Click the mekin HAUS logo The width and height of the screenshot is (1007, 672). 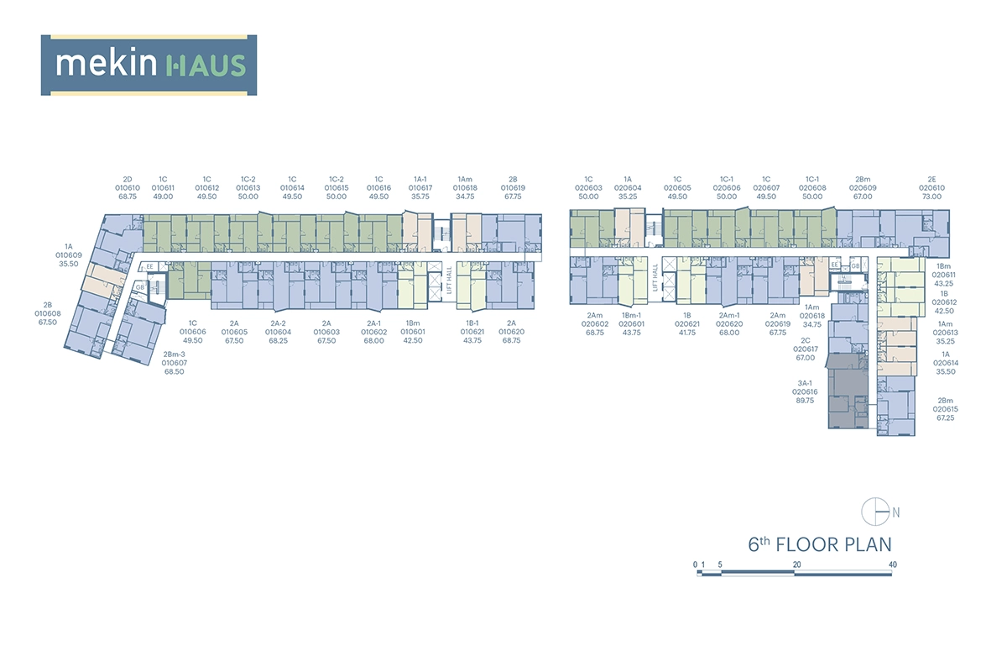pyautogui.click(x=149, y=65)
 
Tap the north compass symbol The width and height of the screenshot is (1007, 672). pyautogui.click(x=875, y=510)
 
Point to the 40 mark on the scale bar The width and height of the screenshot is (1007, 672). pyautogui.click(x=892, y=564)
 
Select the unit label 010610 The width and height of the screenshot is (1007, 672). pyautogui.click(x=128, y=187)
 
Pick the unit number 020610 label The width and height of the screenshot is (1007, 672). pyautogui.click(x=931, y=187)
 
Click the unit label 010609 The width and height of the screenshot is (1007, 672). pyautogui.click(x=68, y=255)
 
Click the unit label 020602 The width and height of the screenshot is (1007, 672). pyautogui.click(x=597, y=323)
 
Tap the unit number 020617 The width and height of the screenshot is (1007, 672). pyautogui.click(x=805, y=349)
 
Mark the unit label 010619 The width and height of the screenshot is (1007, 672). pyautogui.click(x=513, y=187)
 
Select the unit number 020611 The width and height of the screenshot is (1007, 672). pyautogui.click(x=945, y=274)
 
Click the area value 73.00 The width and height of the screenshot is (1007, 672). pyautogui.click(x=931, y=196)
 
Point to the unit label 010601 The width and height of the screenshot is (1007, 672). pyautogui.click(x=413, y=332)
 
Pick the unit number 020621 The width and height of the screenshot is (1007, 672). pyautogui.click(x=687, y=323)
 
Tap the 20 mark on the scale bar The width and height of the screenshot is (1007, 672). pyautogui.click(x=796, y=564)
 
